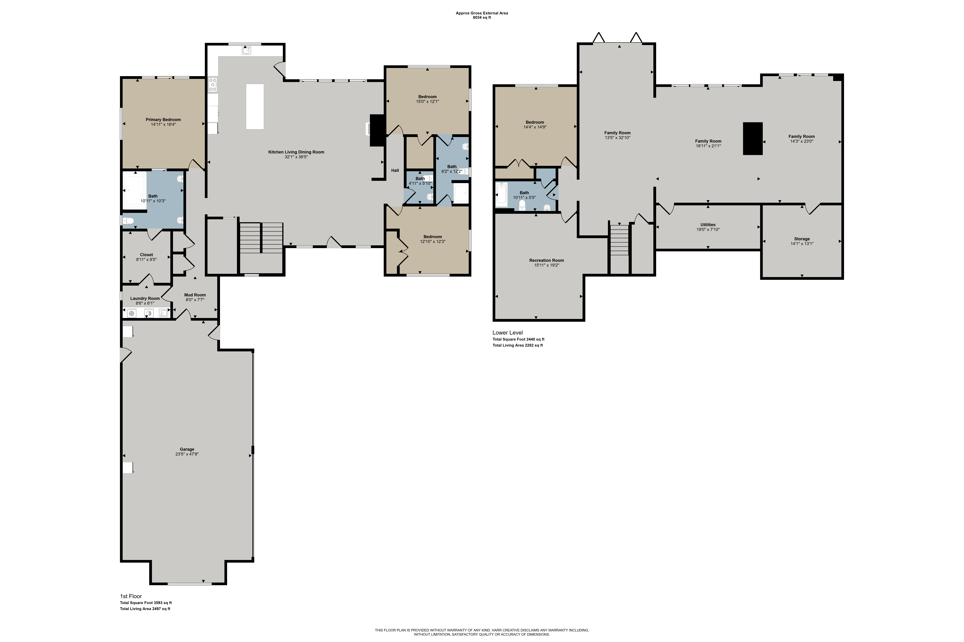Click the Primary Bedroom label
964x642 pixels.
point(163,120)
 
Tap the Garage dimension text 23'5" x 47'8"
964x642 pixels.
point(187,454)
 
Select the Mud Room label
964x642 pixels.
point(195,295)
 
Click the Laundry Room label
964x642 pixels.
point(145,298)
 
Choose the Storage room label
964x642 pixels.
point(802,239)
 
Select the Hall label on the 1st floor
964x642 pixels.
point(395,170)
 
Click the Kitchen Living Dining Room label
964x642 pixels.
point(296,152)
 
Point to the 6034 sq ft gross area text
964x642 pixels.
point(482,18)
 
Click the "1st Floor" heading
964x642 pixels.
point(131,596)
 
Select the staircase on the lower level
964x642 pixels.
point(619,240)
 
